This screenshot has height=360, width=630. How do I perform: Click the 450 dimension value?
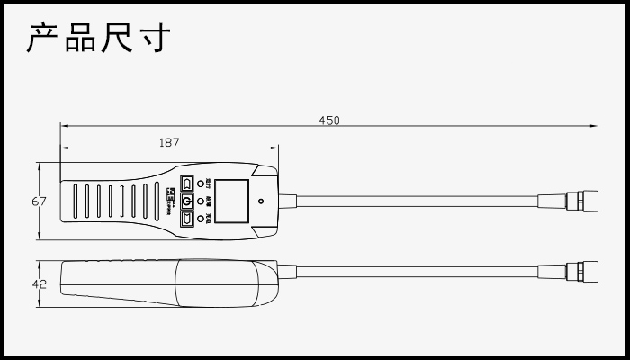tap(329, 121)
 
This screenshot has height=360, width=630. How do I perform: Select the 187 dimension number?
tap(169, 141)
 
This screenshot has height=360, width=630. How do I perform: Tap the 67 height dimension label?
tap(39, 202)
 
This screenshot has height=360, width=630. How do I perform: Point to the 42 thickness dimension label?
tap(39, 283)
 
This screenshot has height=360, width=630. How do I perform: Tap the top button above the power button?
tap(187, 184)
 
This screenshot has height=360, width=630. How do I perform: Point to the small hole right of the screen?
tap(260, 202)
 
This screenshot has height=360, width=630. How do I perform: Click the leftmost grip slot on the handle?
tap(75, 202)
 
